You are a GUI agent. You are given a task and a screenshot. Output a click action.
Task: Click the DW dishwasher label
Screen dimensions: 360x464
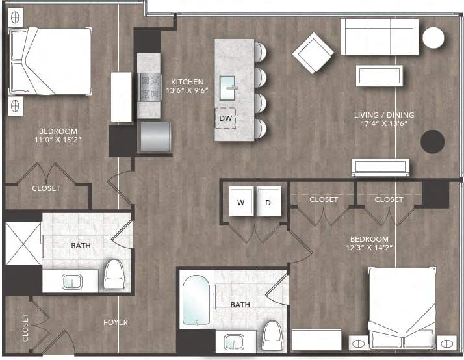click(225, 118)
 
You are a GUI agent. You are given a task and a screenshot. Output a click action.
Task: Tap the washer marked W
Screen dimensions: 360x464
click(240, 202)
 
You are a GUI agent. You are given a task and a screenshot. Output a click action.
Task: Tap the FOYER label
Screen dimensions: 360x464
click(115, 322)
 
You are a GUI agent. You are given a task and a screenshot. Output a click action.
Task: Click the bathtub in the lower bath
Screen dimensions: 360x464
click(196, 300)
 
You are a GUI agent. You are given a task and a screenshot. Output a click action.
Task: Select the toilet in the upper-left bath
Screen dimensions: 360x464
click(114, 274)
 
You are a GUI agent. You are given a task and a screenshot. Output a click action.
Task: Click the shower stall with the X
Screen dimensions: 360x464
click(23, 244)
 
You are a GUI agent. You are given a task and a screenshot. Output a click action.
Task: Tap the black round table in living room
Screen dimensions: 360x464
click(432, 140)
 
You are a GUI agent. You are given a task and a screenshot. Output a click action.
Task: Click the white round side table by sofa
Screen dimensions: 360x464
click(433, 38)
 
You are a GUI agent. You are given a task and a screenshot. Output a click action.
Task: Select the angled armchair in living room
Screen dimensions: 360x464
click(313, 53)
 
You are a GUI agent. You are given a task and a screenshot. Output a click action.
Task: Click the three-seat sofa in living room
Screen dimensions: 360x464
click(380, 36)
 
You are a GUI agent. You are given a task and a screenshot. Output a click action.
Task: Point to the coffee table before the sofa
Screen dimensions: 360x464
click(379, 75)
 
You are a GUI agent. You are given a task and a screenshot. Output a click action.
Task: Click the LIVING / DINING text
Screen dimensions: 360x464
click(384, 115)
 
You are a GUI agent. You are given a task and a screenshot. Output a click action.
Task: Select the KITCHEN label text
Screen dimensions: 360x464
click(187, 82)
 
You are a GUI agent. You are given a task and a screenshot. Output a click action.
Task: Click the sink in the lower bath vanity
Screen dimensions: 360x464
click(233, 341)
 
